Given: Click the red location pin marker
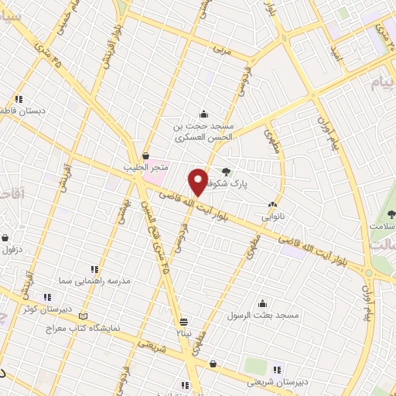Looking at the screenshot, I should tap(198, 182).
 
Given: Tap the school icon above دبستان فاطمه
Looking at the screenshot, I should tap(19, 99).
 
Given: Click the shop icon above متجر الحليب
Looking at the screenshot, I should tap(145, 156).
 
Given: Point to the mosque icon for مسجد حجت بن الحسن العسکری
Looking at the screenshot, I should tap(203, 114).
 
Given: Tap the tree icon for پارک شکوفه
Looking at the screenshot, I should tap(226, 172).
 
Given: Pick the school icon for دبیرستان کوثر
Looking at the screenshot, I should tap(46, 296).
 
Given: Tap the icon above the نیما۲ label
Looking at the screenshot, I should tap(183, 322).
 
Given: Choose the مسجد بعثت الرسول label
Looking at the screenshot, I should tap(263, 315).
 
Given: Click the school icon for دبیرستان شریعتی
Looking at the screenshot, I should tap(277, 369).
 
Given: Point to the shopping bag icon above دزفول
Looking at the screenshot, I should tap(6, 238).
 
